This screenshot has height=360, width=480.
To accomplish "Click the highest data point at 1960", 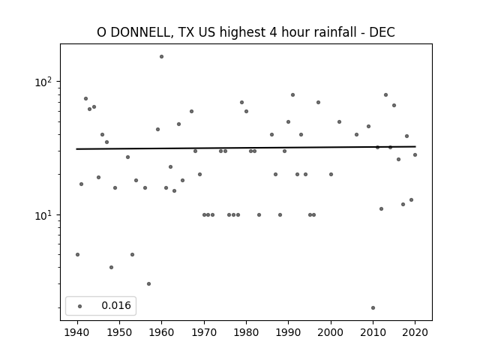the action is tap(162, 57).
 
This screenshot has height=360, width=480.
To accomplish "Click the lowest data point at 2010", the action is tap(373, 308).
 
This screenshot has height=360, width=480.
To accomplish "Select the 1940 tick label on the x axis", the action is tap(77, 332).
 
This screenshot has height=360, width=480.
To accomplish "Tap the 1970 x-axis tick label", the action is tap(204, 332).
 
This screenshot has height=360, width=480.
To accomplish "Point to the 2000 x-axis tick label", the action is tap(331, 332).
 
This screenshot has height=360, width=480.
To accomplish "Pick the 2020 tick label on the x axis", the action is tap(415, 332).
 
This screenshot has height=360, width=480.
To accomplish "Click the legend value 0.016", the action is tap(116, 305).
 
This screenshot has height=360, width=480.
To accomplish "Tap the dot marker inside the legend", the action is tap(80, 306).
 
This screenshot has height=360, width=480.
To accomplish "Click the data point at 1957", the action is tap(148, 284).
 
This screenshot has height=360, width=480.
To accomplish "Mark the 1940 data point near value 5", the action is tap(77, 255).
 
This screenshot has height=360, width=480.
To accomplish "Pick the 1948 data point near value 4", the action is tap(111, 268).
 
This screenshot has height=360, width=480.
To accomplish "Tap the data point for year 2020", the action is tap(415, 155).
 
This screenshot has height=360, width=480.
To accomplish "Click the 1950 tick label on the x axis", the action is tap(120, 332).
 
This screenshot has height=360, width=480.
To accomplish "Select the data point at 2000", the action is tap(331, 175).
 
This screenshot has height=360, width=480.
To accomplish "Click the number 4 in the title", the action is tap(273, 32).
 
